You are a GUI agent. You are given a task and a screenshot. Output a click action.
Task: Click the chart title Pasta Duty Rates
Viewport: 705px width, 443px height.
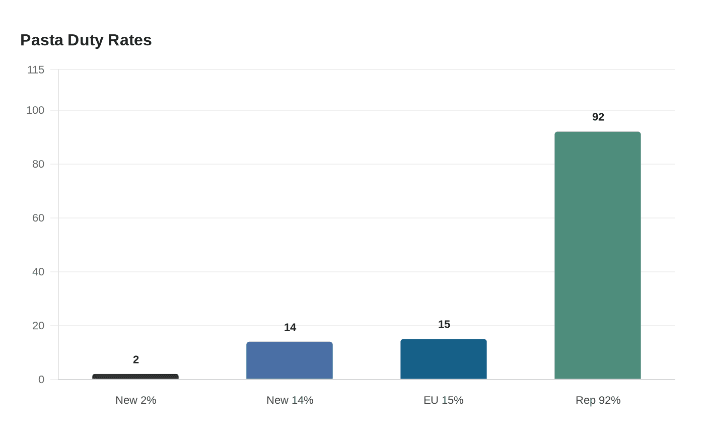pos(86,40)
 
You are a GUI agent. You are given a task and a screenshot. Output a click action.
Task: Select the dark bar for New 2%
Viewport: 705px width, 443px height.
pos(135,377)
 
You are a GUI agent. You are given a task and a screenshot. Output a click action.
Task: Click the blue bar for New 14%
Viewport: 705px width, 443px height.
pos(290,360)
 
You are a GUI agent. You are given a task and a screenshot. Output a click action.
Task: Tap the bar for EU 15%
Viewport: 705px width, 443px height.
pos(444,359)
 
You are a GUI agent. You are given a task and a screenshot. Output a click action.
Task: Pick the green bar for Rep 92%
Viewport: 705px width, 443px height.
pos(598,255)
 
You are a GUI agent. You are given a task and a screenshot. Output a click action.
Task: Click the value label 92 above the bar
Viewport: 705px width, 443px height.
pos(598,117)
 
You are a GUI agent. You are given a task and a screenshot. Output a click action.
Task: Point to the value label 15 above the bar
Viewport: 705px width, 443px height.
pos(444,325)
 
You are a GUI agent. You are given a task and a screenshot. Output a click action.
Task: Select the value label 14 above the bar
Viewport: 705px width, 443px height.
pos(290,328)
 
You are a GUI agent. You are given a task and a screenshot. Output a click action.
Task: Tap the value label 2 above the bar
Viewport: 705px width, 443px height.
pos(135,360)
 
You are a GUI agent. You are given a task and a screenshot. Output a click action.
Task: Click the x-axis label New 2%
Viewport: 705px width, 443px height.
pos(135,400)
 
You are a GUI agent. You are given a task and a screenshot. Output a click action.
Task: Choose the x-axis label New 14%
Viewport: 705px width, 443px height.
pos(290,400)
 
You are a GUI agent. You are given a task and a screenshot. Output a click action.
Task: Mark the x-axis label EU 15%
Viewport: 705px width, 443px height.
pos(444,400)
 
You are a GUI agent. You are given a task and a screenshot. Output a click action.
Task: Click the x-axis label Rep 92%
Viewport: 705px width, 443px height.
pos(598,400)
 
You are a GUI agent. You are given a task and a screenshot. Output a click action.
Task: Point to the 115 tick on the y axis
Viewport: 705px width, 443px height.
pos(36,70)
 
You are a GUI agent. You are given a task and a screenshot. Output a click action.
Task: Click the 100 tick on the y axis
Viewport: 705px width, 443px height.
pos(35,110)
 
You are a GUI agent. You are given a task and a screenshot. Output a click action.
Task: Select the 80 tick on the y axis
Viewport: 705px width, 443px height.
pos(38,164)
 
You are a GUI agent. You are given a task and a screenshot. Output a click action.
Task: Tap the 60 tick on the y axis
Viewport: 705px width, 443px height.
pos(38,218)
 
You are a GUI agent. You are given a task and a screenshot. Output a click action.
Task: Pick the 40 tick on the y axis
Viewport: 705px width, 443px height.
pos(38,272)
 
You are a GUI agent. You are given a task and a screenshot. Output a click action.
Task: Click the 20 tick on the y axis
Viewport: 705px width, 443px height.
pos(38,326)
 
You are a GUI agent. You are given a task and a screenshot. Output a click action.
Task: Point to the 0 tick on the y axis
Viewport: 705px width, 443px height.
pos(41,380)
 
